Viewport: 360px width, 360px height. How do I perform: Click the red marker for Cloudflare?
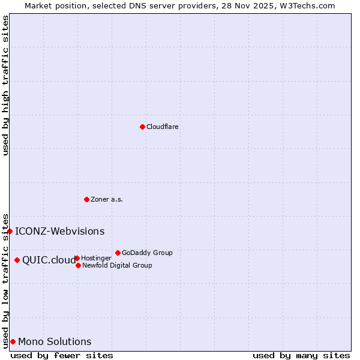pos(142,127)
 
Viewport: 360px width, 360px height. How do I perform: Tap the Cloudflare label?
pos(163,127)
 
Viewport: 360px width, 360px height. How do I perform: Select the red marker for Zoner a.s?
pos(86,199)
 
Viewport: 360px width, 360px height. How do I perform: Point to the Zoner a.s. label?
pos(107,200)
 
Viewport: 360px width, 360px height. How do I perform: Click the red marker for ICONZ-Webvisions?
pos(10,231)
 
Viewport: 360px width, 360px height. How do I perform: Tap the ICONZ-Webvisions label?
pos(59,232)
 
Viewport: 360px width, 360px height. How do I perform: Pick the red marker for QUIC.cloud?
pos(17,260)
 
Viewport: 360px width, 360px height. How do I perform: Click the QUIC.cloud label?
pos(49,260)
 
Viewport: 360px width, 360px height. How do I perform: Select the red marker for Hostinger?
pos(77,258)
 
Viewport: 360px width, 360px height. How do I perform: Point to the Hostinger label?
pos(96,259)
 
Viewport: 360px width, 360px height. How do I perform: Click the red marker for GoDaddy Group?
pos(118,253)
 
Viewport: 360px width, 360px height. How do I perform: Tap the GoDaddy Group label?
pos(147,253)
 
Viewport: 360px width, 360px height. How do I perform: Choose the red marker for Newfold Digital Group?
pos(78,265)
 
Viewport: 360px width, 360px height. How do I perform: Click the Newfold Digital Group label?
pos(117,266)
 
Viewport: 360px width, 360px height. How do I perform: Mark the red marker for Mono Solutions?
pos(13,341)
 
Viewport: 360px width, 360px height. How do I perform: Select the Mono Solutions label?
pos(55,342)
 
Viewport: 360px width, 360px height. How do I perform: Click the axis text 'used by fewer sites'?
pos(62,356)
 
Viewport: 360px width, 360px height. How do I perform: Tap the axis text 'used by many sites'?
pos(301,356)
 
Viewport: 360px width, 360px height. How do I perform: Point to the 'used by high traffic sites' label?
pos(5,85)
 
